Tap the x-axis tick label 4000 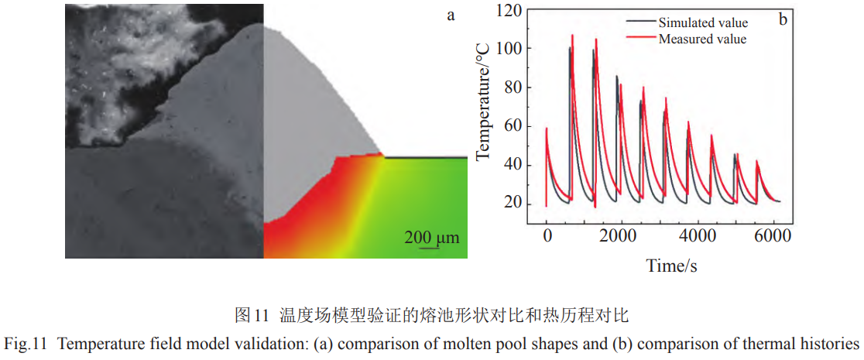pyautogui.click(x=696, y=235)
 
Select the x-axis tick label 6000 pyautogui.click(x=771, y=235)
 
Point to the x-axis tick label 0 pyautogui.click(x=547, y=235)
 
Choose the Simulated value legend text pyautogui.click(x=703, y=22)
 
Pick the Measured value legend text pyautogui.click(x=702, y=38)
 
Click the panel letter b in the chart pyautogui.click(x=783, y=19)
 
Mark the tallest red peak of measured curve pyautogui.click(x=572, y=35)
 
